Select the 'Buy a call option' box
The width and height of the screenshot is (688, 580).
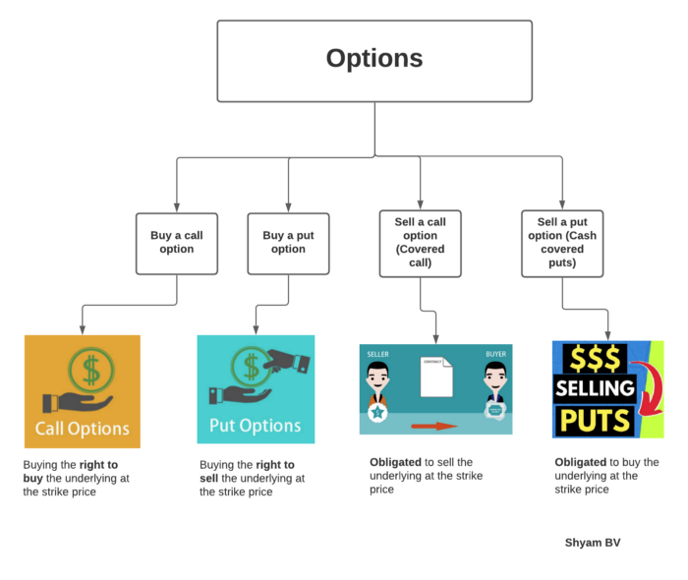tap(177, 243)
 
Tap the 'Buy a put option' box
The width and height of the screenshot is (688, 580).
tap(288, 243)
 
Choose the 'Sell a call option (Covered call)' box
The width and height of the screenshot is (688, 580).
tap(420, 243)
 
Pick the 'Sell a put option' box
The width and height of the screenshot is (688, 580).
tap(562, 243)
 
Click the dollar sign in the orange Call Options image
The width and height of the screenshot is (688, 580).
tap(90, 370)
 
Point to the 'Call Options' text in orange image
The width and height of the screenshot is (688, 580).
tap(83, 429)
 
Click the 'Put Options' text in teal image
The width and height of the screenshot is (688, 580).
tap(256, 426)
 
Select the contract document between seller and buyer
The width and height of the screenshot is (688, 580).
tap(436, 377)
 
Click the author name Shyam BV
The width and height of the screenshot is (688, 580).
tap(593, 543)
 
